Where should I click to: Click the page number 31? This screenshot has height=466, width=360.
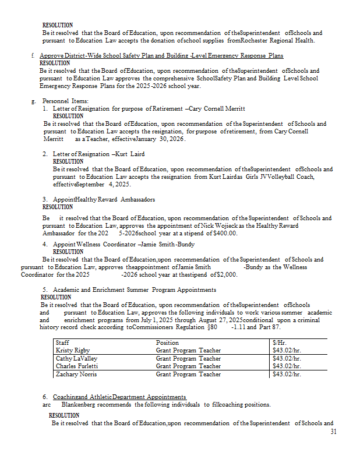click(333, 432)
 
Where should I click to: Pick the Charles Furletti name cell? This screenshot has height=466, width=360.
click(76, 366)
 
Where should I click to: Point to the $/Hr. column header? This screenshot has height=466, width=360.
click(281, 343)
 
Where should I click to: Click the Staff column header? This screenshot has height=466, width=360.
click(62, 343)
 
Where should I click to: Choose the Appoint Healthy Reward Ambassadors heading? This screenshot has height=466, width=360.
click(104, 199)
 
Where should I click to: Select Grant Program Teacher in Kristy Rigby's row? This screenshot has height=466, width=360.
click(188, 350)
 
